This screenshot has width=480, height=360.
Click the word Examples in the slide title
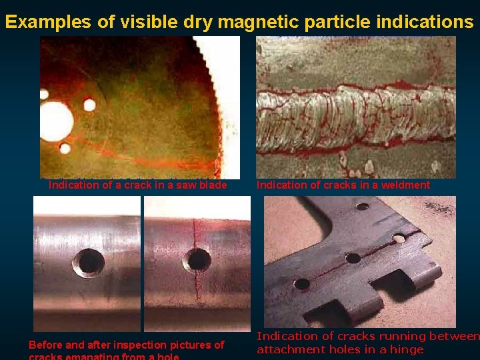49,21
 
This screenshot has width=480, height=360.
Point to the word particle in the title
337,21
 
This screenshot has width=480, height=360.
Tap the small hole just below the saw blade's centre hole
65,148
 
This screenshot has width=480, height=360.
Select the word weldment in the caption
405,185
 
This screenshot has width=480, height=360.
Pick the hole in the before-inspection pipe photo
88,262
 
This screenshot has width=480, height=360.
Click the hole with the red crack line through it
198,260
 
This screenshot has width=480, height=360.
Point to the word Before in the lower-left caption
46,345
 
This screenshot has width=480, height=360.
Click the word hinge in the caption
407,349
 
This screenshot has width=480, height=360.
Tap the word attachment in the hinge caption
290,349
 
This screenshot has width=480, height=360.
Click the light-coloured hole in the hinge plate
399,238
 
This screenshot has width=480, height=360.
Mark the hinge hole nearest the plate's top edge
363,206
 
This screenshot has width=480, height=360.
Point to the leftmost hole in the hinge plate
301,283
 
